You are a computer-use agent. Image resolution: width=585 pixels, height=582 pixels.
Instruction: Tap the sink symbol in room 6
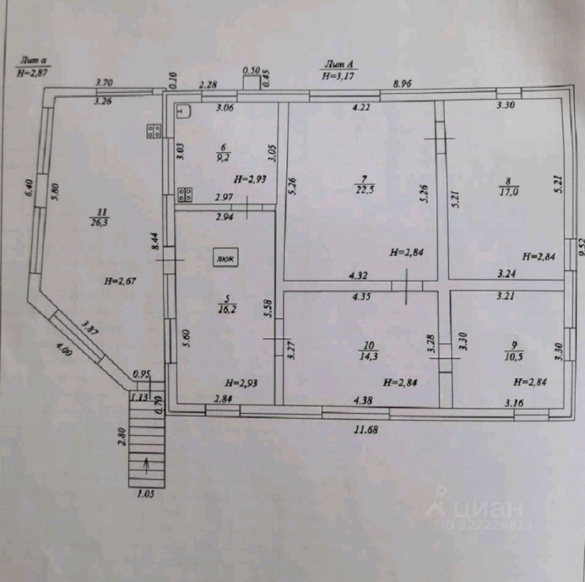point(184,112)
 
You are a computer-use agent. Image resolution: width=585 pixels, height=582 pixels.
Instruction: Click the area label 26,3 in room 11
point(102,222)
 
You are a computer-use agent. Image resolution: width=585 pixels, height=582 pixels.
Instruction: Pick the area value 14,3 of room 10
point(369,356)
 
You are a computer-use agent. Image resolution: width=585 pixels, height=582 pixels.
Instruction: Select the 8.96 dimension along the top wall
point(402,84)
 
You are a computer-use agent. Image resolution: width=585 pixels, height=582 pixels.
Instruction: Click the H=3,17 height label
point(338,76)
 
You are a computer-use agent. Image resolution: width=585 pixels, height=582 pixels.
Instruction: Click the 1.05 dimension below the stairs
point(145,494)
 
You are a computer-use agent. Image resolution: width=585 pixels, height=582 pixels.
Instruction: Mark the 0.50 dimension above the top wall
point(251,70)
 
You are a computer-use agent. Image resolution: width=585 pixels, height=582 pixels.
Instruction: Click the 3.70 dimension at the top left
point(104,82)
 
